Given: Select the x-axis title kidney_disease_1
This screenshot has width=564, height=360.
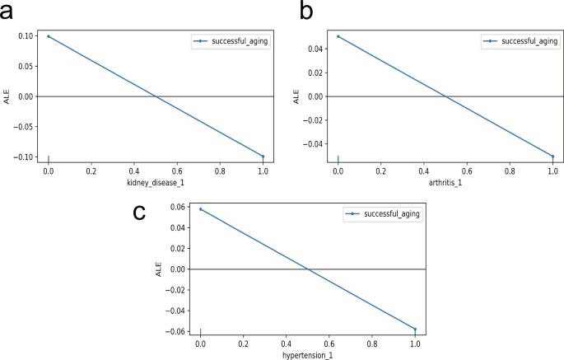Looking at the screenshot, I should coord(156,182).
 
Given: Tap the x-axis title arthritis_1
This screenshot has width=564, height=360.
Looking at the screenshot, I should coord(445,182).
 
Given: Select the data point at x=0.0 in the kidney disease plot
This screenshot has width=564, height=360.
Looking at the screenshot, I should coord(49,36).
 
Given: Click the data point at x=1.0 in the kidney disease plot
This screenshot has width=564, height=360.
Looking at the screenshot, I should coord(263,157).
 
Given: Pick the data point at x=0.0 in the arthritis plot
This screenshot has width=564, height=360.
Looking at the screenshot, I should coord(338,36).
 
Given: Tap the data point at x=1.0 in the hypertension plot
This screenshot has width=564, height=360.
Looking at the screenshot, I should coord(415,330).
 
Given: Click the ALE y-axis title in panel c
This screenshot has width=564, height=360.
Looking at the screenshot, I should coord(159,269).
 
